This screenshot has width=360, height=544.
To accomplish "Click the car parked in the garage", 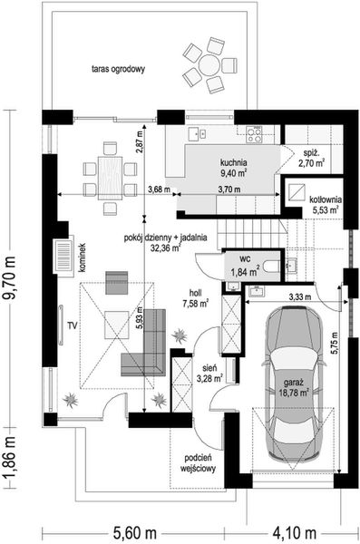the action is tap(294, 384).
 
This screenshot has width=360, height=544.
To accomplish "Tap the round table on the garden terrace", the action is tap(209, 64).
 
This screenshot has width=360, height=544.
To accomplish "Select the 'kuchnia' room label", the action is tap(234, 162).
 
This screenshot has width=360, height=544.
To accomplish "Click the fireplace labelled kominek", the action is tap(63, 257).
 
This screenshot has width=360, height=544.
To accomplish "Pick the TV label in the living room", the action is tap(72, 325).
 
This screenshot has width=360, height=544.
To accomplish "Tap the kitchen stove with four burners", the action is tap(254, 134).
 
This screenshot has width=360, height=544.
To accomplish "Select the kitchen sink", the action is tap(198, 133).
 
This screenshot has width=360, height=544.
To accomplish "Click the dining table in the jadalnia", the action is tap(110, 179).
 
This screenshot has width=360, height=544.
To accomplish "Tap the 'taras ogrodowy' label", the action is tap(118, 69).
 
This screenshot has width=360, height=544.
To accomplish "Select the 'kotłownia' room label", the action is tap(326, 199).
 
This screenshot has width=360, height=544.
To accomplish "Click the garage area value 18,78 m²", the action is tap(294, 393).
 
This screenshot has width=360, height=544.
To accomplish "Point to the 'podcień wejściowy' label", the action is tap(199, 463).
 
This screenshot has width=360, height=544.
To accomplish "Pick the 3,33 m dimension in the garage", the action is tap(300, 297).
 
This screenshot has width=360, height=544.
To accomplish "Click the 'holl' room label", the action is tap(196, 294).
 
